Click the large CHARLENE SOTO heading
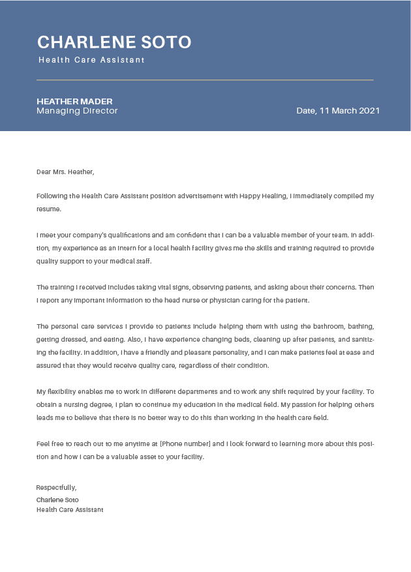coord(114,42)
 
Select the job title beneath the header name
coord(91,60)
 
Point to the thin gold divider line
coord(205,80)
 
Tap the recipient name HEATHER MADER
coord(74,101)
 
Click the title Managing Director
coord(77,111)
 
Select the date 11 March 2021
coord(338,111)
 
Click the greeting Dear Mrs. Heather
coord(65,172)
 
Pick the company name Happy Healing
coord(263,196)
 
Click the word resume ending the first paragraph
coord(48,209)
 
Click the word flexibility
coord(65,392)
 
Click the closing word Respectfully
coord(56,487)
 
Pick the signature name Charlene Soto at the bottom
coord(57,500)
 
